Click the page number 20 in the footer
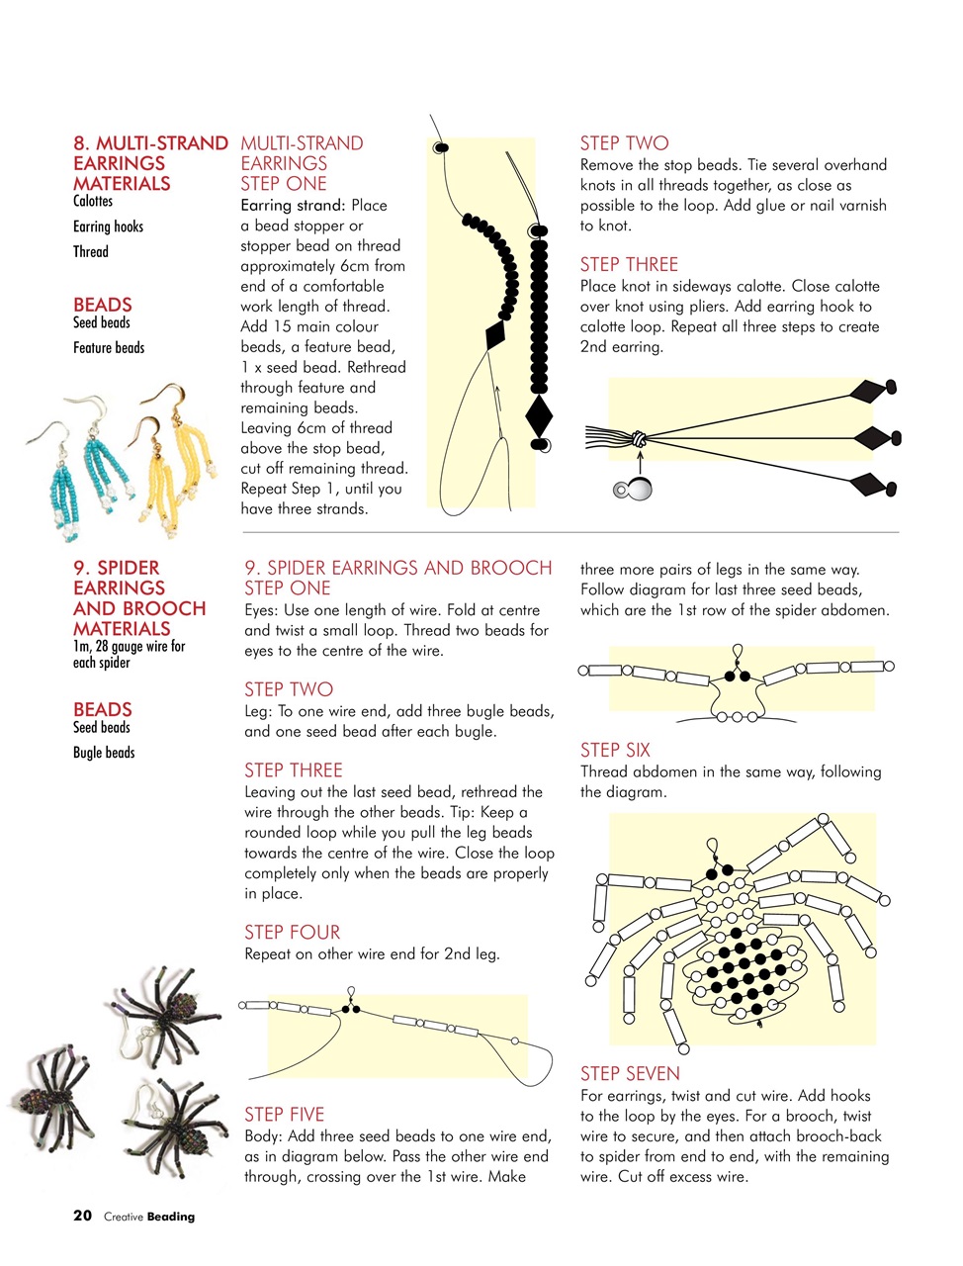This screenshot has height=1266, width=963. tap(82, 1216)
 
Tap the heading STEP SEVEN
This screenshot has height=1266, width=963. tap(630, 1074)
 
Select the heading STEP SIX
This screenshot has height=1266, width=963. tap(615, 751)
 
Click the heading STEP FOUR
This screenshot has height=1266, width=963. tap(292, 933)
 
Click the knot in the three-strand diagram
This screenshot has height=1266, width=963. tap(639, 437)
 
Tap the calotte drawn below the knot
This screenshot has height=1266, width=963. tap(636, 489)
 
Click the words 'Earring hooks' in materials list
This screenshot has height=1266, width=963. tap(108, 226)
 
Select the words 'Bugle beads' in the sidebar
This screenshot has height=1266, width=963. tap(104, 753)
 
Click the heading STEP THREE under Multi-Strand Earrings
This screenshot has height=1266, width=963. tap(629, 265)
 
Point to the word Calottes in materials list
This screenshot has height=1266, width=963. tap(93, 201)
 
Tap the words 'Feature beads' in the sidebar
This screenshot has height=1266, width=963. tap(109, 348)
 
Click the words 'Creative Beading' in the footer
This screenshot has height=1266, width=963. tap(149, 1217)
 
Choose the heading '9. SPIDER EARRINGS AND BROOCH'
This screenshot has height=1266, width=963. tap(398, 568)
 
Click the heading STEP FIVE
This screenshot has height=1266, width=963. tap(284, 1115)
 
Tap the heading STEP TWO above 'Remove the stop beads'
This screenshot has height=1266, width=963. tap(624, 143)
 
